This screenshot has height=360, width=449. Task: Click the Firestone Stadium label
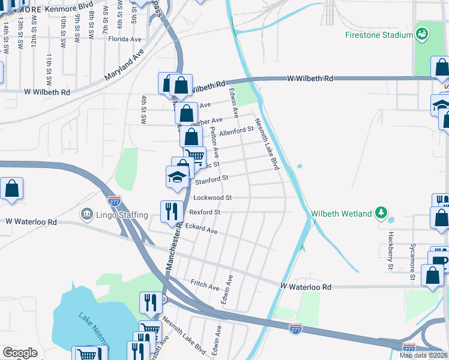click(x=379, y=35)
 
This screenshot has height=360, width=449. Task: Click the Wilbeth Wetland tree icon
click(x=380, y=212)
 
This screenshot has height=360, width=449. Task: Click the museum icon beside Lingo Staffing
click(x=86, y=214)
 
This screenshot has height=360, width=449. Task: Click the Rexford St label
click(x=205, y=212)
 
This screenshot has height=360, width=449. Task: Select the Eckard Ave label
click(x=202, y=229)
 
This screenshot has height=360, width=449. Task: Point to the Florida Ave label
click(x=124, y=39)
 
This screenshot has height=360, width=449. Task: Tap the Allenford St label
click(x=237, y=131)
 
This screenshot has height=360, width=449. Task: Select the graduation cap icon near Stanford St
click(x=177, y=176)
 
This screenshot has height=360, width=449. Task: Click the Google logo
click(x=20, y=353)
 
